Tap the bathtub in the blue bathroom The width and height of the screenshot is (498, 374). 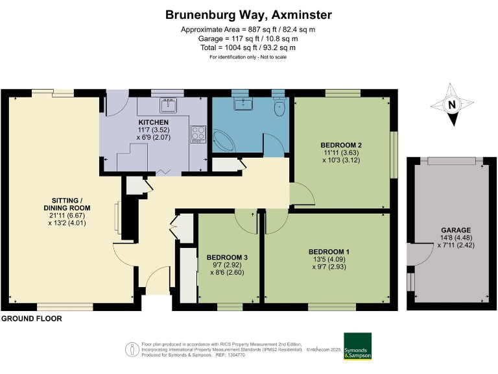tap(223, 141)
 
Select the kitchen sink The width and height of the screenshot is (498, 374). tap(169, 105)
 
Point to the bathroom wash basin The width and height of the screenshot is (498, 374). tap(243, 103)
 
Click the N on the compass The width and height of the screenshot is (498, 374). tap(451, 105)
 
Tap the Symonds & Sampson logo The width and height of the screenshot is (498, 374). tap(358, 346)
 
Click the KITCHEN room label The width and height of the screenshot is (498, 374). tap(154, 123)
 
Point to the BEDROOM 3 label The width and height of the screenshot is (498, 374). tap(227, 257)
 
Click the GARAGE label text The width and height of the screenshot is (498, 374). tap(456, 230)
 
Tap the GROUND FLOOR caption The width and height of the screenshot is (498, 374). tap(32, 319)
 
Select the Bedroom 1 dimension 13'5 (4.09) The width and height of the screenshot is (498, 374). tap(329, 260)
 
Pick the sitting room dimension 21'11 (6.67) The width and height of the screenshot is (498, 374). tap(67, 216)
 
